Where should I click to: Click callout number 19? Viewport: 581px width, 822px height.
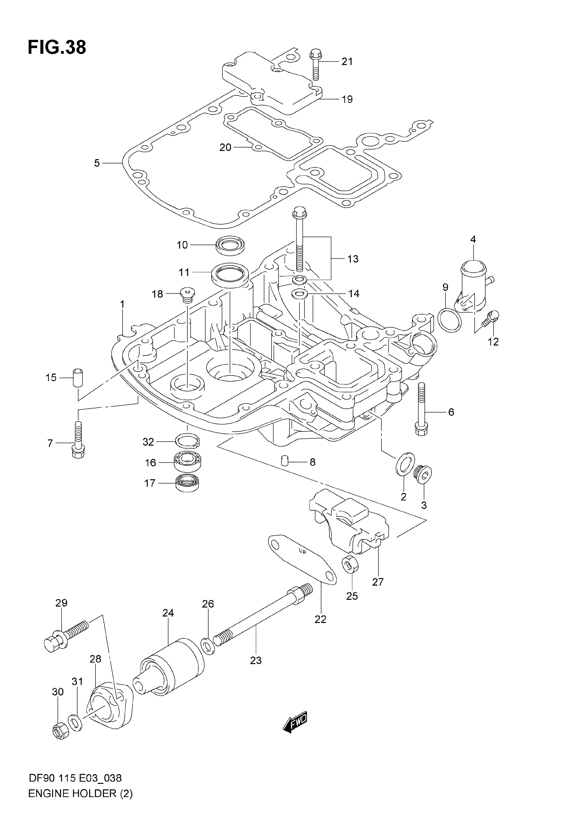(347, 99)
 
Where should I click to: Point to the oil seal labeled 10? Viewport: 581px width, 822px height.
(230, 245)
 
